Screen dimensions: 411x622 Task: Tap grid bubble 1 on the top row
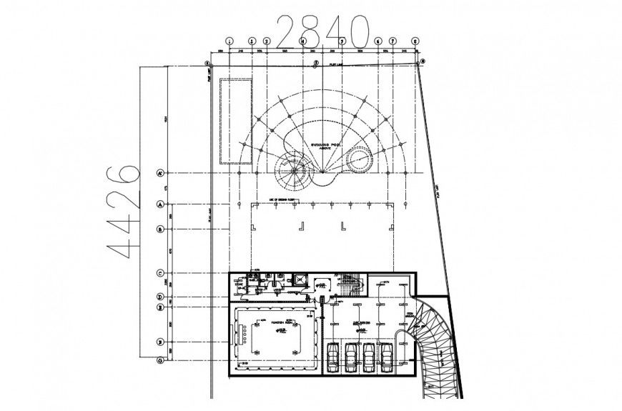(229, 41)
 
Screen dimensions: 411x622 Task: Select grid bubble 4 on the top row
(303, 41)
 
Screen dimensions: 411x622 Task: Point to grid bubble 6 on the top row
(378, 41)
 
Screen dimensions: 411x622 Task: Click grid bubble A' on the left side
(161, 174)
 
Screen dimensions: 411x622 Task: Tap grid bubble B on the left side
(161, 229)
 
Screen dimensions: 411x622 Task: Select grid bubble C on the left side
(161, 273)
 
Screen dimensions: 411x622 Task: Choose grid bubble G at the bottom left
(161, 360)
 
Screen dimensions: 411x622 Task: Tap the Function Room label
(285, 324)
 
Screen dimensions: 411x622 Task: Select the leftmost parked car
(332, 357)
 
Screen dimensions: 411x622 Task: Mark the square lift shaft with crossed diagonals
(302, 282)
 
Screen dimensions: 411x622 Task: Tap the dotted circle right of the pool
(358, 162)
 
